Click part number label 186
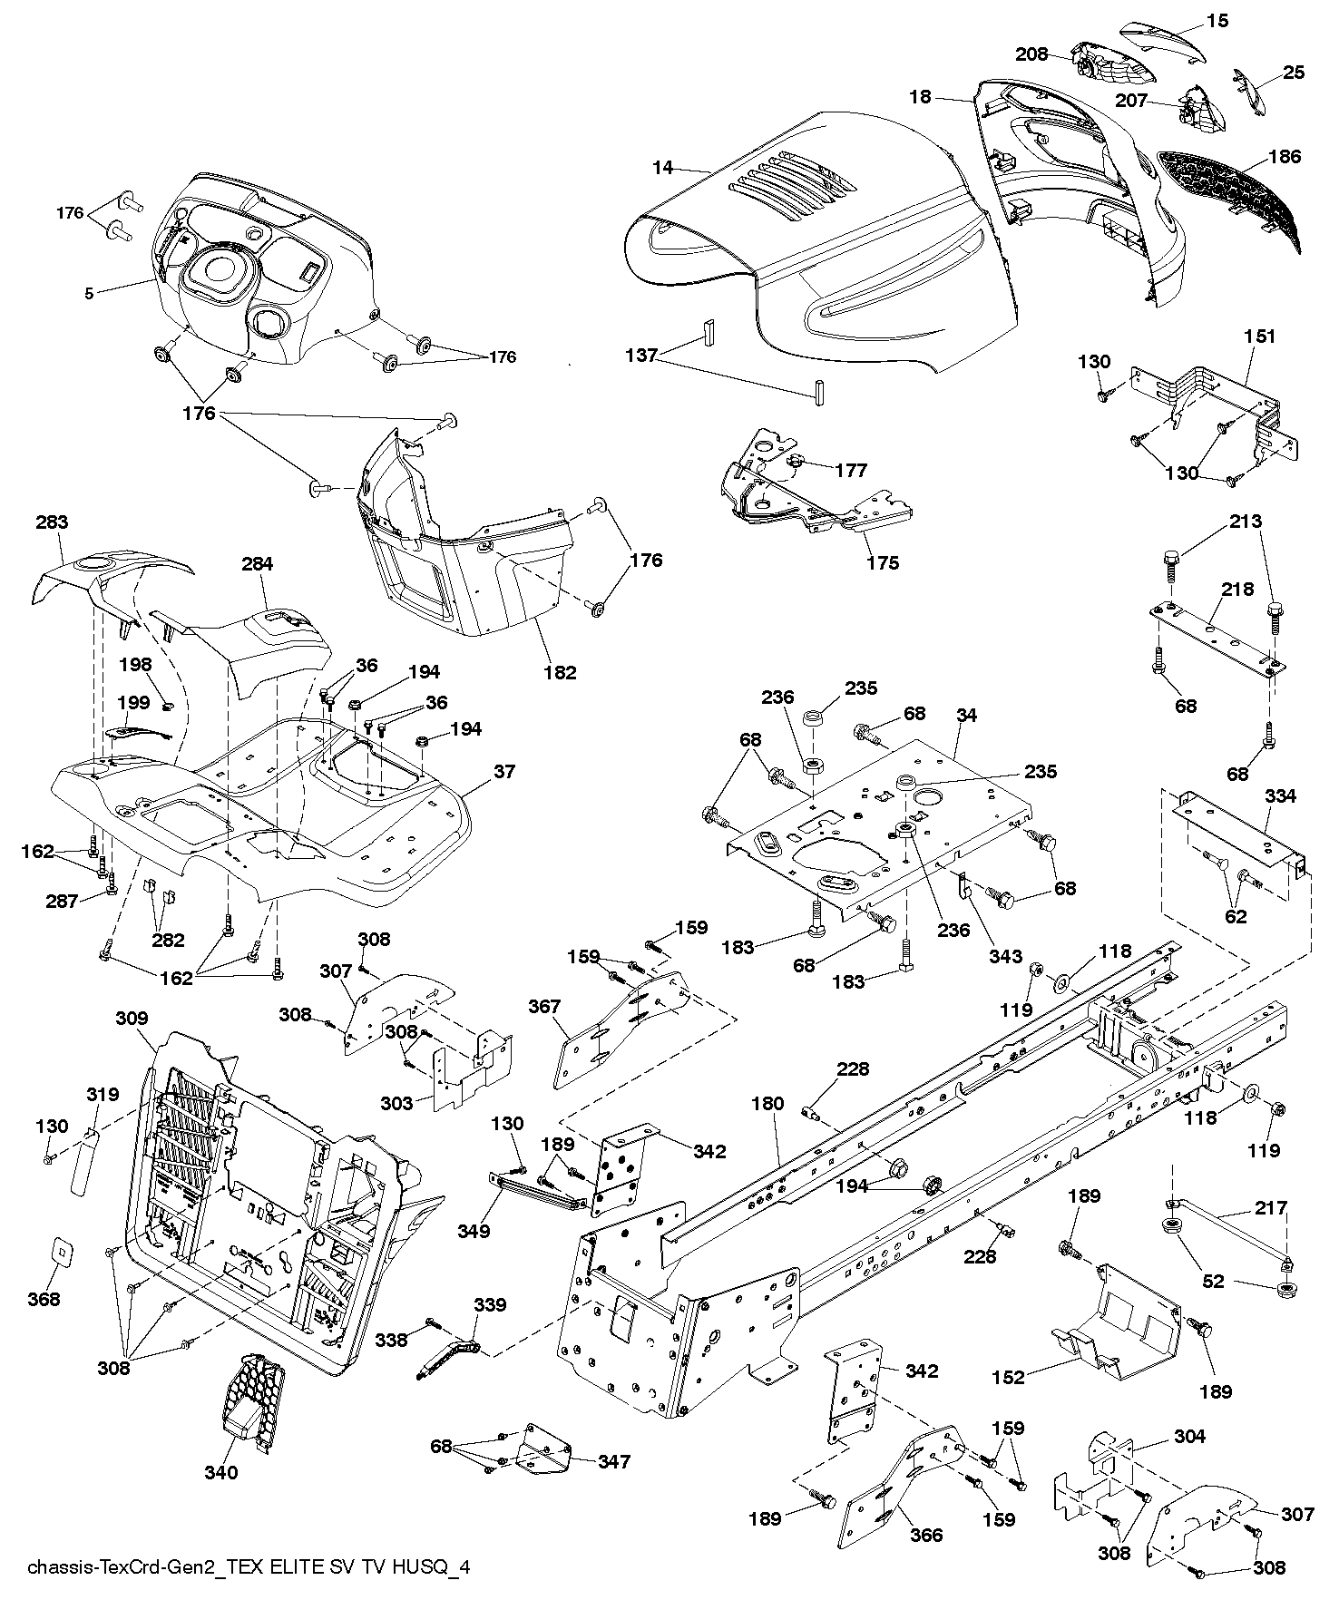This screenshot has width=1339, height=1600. coord(1284,157)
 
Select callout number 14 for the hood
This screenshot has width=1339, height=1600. coord(663,168)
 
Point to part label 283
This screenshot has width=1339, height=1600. coord(53,522)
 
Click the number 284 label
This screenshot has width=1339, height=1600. coord(258,564)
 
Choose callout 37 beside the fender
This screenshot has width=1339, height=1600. coord(503,771)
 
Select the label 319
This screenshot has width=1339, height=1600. coord(103,1095)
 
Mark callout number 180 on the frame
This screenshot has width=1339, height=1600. coord(767,1105)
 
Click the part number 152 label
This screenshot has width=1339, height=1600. coord(1008,1378)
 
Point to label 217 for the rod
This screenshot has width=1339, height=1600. coord(1271,1208)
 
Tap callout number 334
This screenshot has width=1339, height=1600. coord(1280,796)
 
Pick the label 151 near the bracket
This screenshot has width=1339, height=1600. coord(1260,337)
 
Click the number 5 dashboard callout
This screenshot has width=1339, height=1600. coord(89,293)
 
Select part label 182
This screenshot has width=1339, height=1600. coord(560,672)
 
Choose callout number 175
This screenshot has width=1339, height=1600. coord(882,563)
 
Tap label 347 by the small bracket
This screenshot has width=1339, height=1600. coord(613,1461)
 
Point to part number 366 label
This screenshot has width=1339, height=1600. coord(926,1535)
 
